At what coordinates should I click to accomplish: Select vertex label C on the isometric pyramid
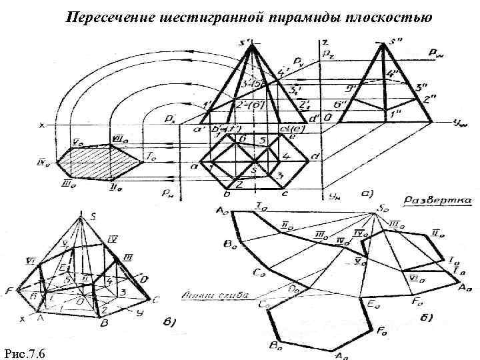pos(155,297)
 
